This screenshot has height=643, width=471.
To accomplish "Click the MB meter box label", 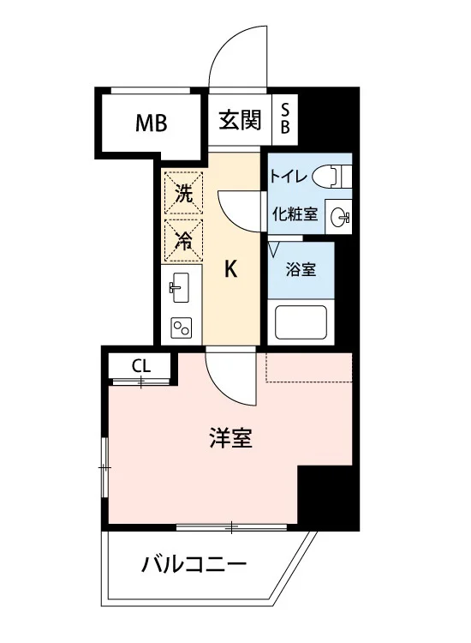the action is coord(151,123).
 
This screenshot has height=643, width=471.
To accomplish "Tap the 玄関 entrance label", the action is coord(240,120).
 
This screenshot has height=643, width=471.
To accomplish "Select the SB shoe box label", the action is coord(285,118).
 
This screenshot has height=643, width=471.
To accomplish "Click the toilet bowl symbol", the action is coord(331,176).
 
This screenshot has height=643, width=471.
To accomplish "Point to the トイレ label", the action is coord(288,177).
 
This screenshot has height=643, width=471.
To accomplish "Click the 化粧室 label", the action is coord(295,213).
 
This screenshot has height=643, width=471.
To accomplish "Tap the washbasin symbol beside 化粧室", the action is coord(341,216).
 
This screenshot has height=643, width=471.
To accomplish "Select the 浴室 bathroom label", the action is coord(301,269).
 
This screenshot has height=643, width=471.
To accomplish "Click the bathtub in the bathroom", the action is coord(301,322).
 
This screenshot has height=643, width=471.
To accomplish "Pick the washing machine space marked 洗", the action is coord(183,193).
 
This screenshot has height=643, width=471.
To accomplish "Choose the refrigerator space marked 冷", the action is coord(183,241).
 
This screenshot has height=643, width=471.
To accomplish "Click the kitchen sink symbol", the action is coord(180,287).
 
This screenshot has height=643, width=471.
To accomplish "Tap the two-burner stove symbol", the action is coord(181,328).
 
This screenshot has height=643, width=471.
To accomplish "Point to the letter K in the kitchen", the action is coord(231,269).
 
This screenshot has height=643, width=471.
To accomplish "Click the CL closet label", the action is coord(141,366).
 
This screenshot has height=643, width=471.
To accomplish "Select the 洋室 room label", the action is coord(230,437).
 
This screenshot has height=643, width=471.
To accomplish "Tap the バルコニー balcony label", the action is coord(194,564).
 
